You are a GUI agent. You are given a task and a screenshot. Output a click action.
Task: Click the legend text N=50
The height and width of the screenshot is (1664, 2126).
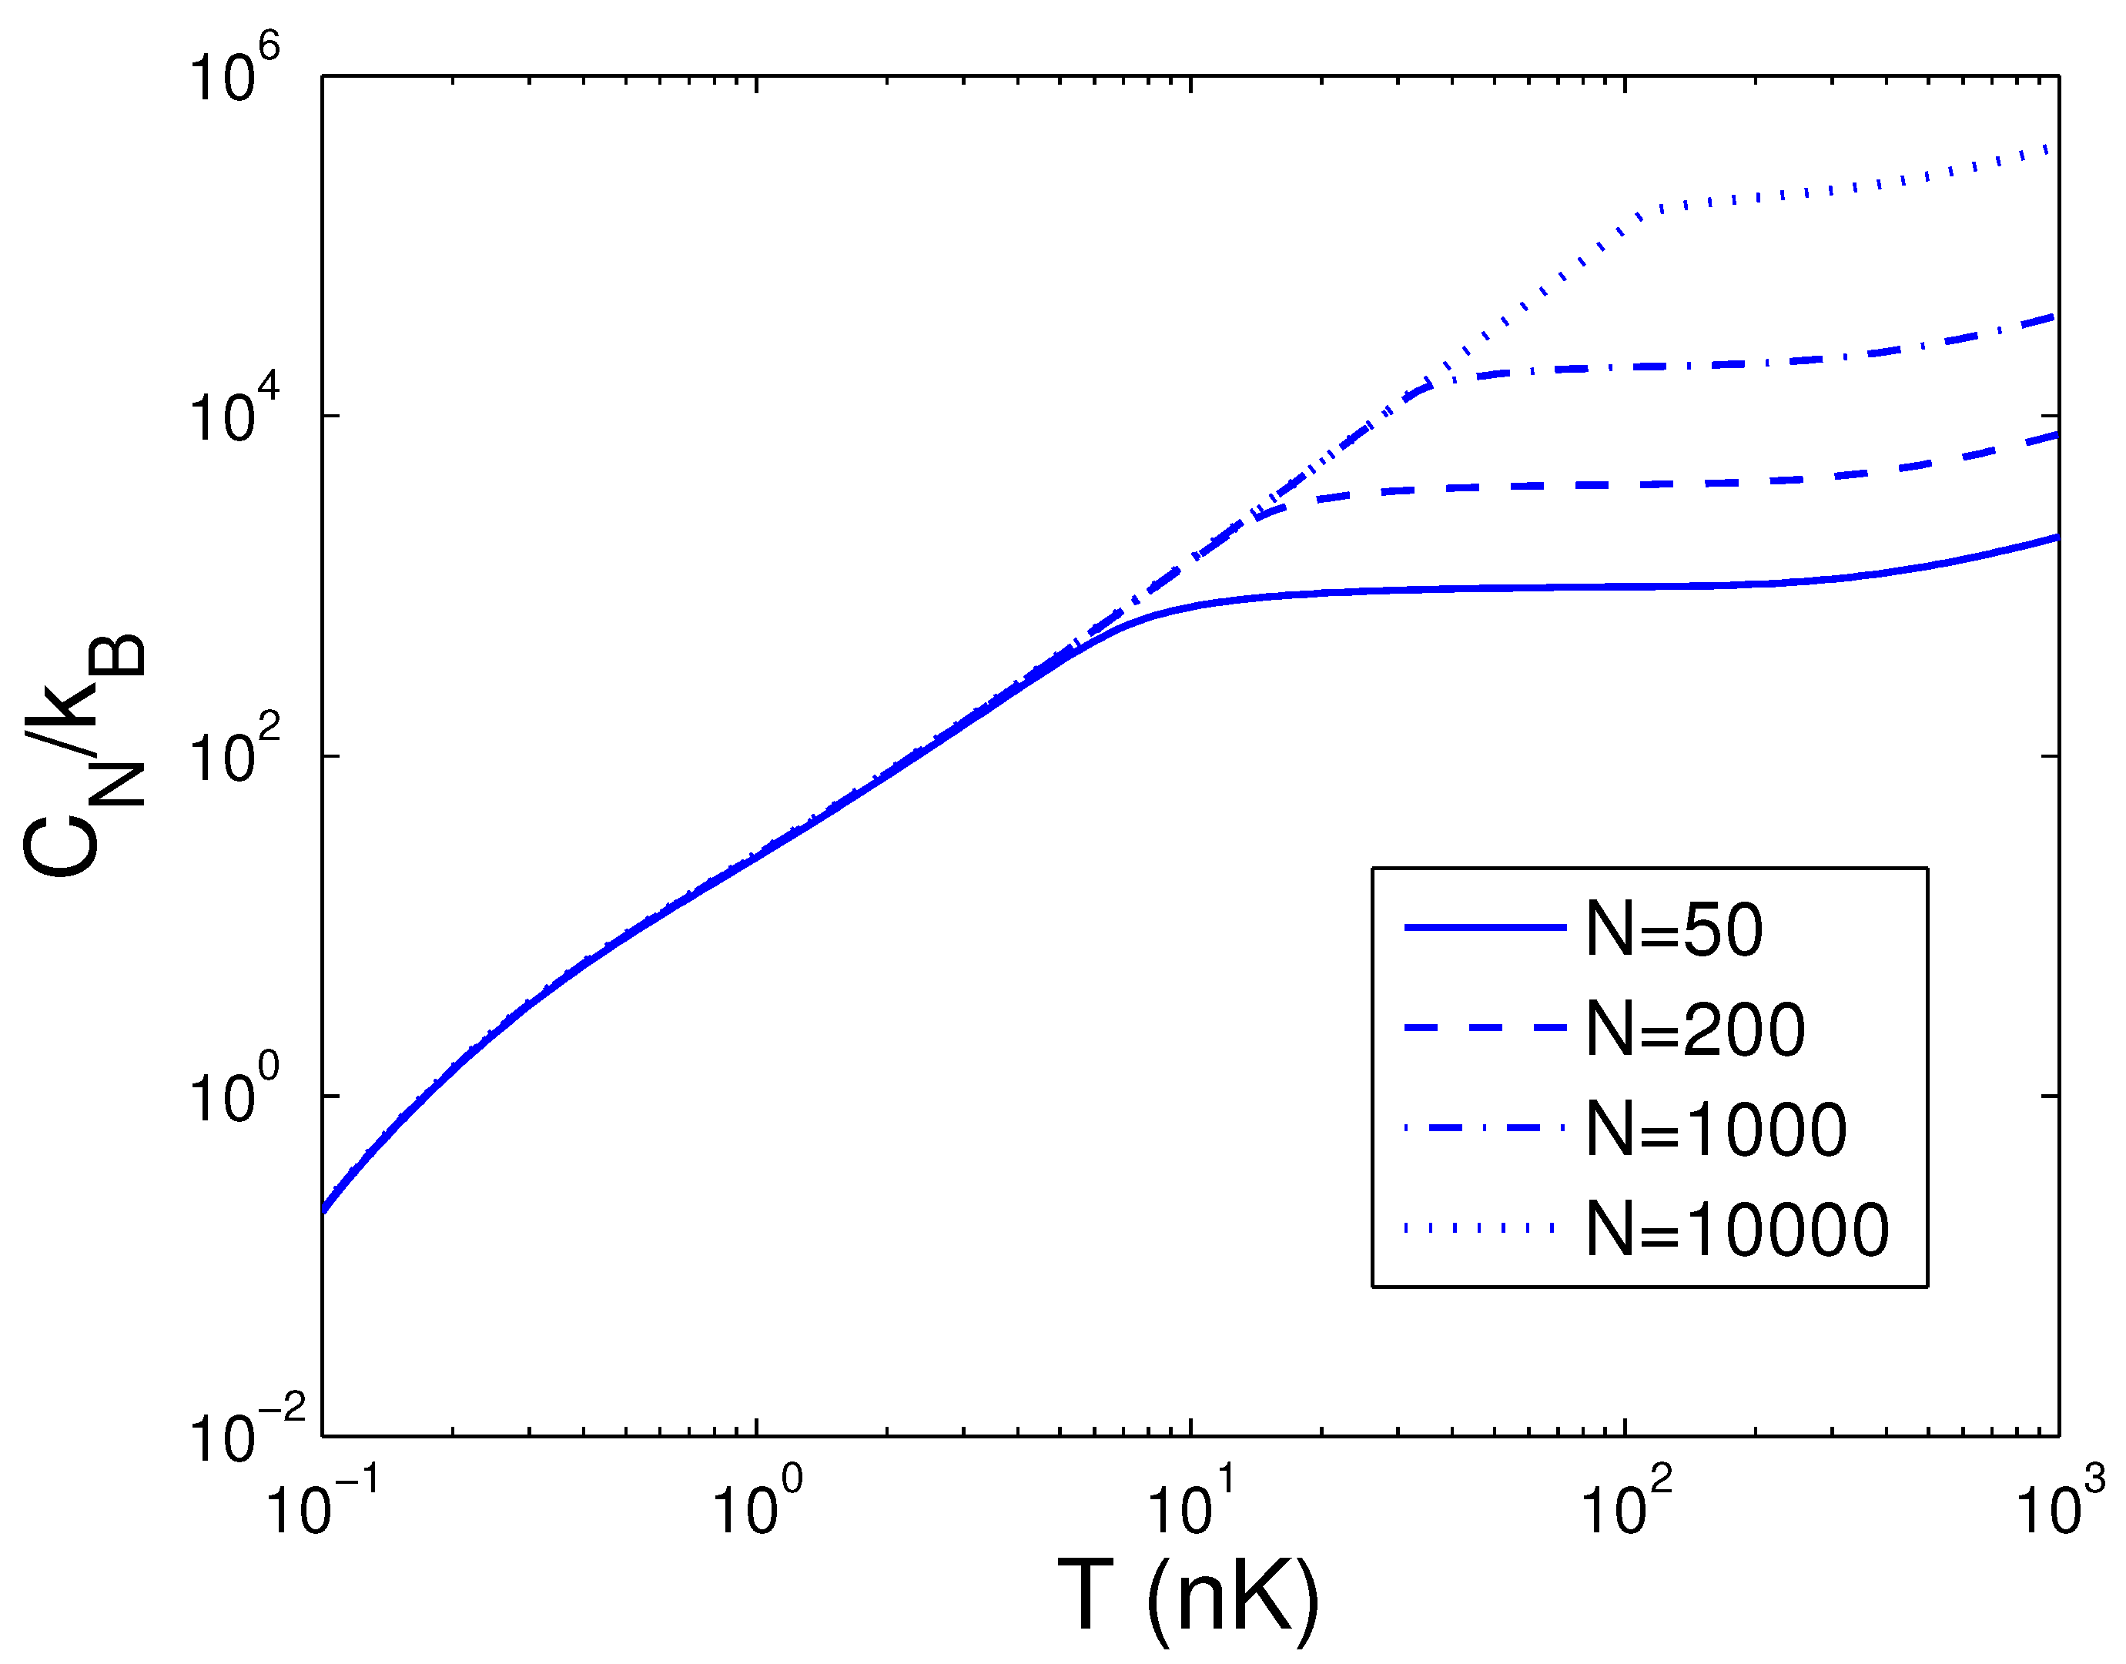pyautogui.click(x=1673, y=929)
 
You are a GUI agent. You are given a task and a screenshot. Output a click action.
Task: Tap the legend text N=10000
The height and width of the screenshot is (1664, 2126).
pyautogui.click(x=1737, y=1230)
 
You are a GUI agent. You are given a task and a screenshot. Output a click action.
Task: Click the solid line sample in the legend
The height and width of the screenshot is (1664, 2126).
pyautogui.click(x=1483, y=927)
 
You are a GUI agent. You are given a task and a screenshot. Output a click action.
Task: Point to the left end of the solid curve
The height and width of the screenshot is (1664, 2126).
pyautogui.click(x=324, y=1210)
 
